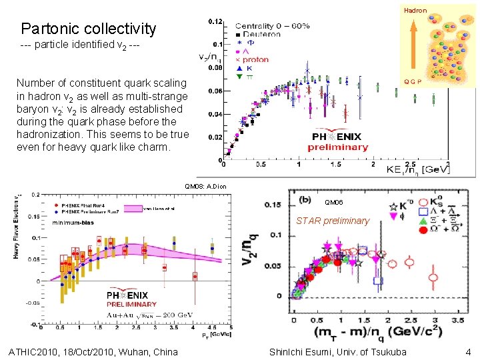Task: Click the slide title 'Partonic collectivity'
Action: click(89, 29)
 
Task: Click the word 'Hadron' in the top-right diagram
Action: click(415, 11)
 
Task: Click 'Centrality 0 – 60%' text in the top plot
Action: click(272, 25)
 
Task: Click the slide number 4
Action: click(469, 351)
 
